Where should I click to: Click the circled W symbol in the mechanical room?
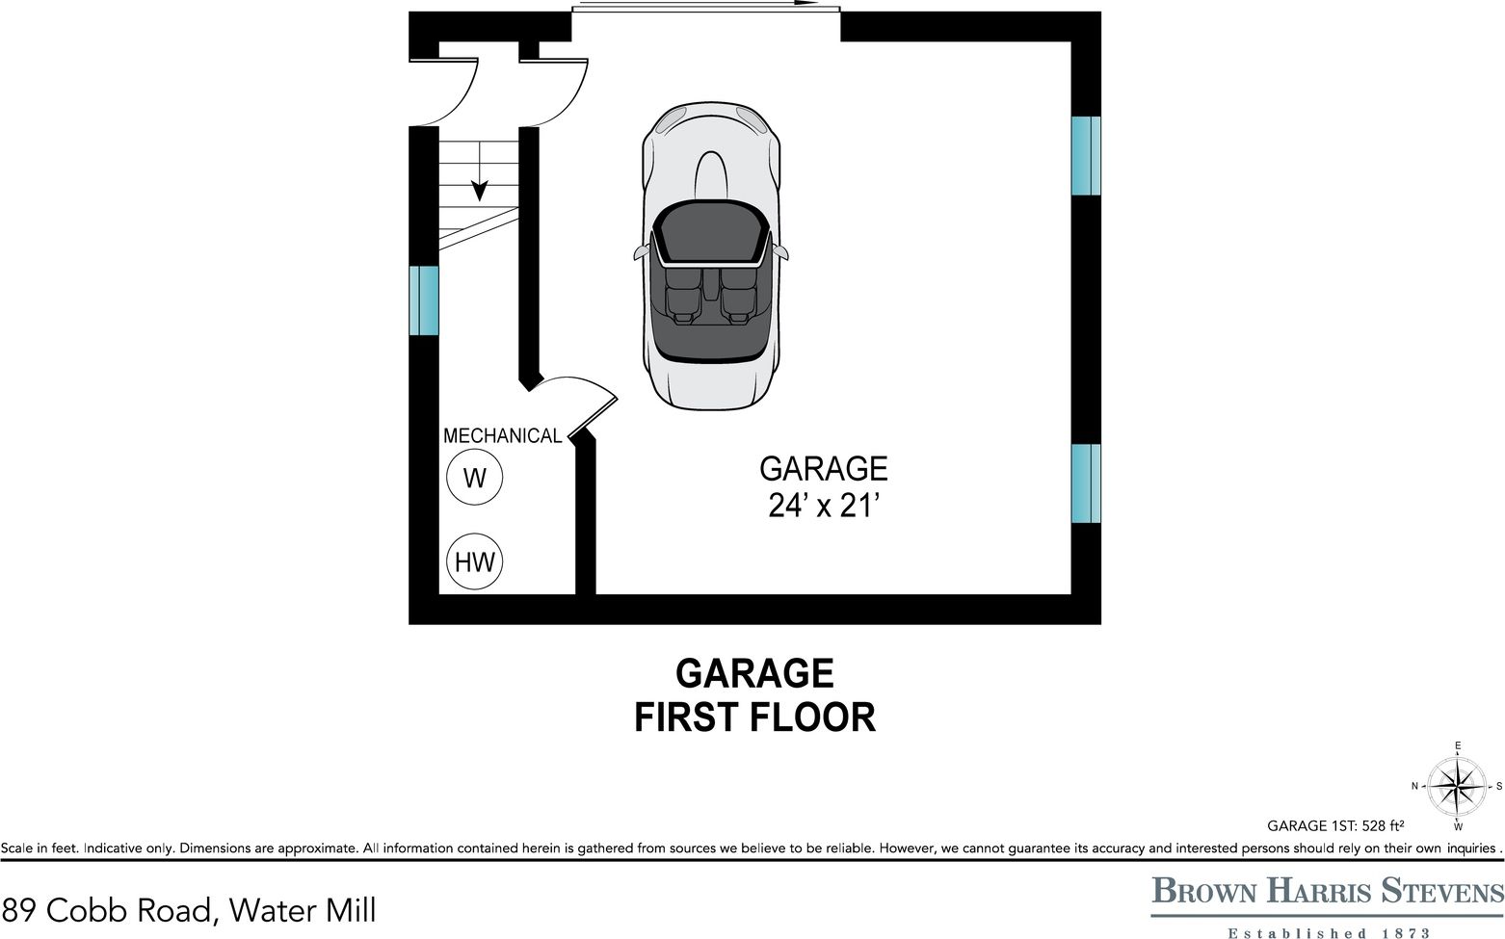coord(474,478)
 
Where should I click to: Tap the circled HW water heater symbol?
coord(474,561)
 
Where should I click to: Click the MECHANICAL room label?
coord(501,436)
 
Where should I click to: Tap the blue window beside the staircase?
coord(423,300)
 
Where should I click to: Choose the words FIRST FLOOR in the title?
coord(754,717)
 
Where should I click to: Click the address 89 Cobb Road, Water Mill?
coord(189,909)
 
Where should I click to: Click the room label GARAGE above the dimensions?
coord(823,469)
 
